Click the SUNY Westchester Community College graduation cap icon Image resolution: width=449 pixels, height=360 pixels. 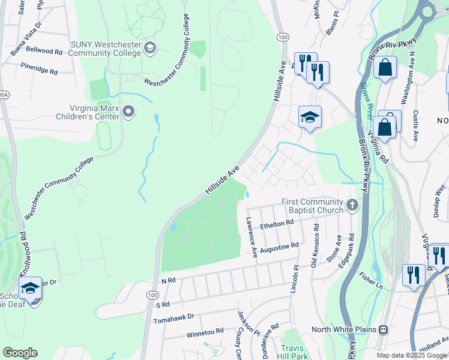click(150, 48)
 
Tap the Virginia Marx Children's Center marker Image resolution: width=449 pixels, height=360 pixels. click(128, 112)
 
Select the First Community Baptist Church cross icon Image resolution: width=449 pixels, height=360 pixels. click(352, 206)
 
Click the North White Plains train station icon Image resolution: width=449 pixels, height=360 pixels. click(382, 329)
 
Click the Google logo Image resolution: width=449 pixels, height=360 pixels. click(20, 353)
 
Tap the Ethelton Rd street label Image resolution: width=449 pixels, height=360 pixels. click(277, 224)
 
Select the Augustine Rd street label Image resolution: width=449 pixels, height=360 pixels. click(279, 247)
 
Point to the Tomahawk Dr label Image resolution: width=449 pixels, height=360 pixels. click(175, 316)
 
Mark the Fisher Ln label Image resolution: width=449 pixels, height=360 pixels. click(371, 278)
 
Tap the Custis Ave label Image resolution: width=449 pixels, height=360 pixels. click(415, 125)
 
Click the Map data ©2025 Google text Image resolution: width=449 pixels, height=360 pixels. click(411, 355)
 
